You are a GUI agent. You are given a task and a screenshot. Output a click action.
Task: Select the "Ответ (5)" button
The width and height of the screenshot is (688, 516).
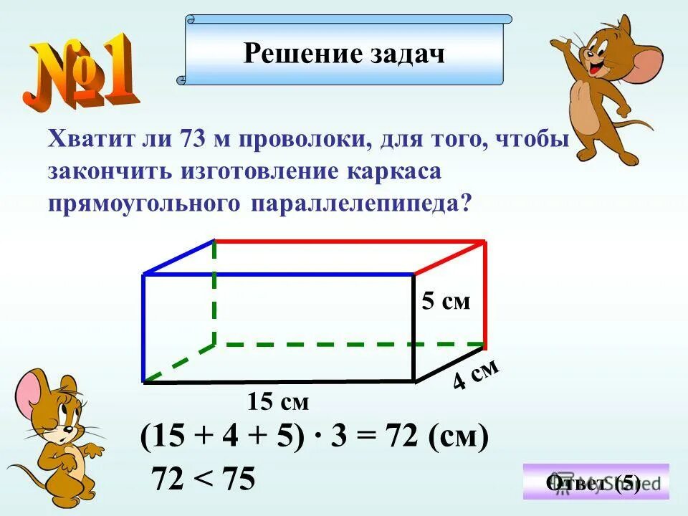pyautogui.click(x=596, y=482)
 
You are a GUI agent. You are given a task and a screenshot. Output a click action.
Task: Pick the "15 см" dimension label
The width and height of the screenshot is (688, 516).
pyautogui.click(x=278, y=402)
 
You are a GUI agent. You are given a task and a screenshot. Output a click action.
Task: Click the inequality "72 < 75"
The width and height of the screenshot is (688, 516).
pyautogui.click(x=203, y=478)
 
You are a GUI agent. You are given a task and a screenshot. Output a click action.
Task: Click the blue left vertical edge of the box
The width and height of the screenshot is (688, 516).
pyautogui.click(x=144, y=328)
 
